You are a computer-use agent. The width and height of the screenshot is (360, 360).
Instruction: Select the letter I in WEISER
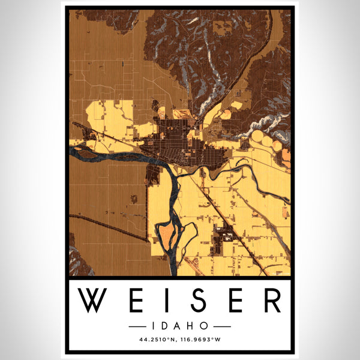pos(161,301)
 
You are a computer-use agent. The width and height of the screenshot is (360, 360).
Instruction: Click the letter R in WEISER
pos(270,301)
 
